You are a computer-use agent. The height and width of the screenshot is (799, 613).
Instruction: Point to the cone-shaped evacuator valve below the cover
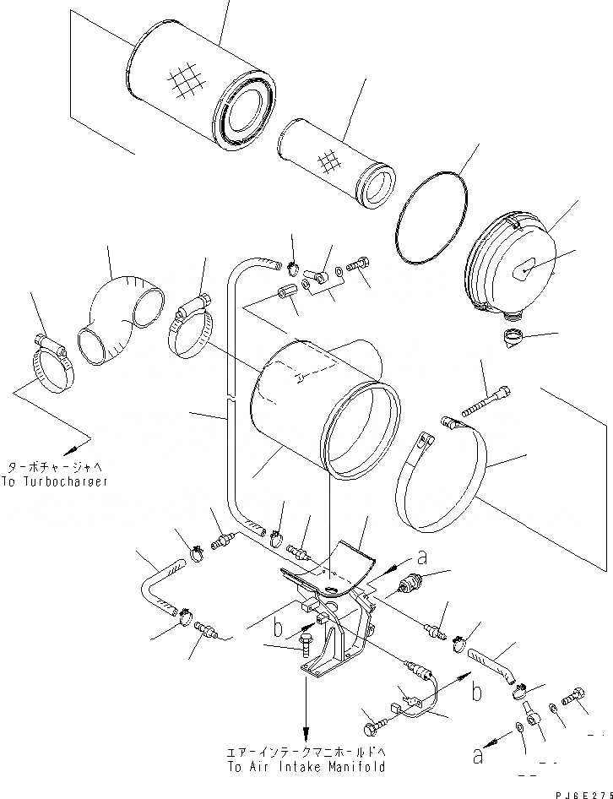click(x=512, y=338)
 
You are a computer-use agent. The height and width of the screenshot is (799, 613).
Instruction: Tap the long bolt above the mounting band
click(x=486, y=401)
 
